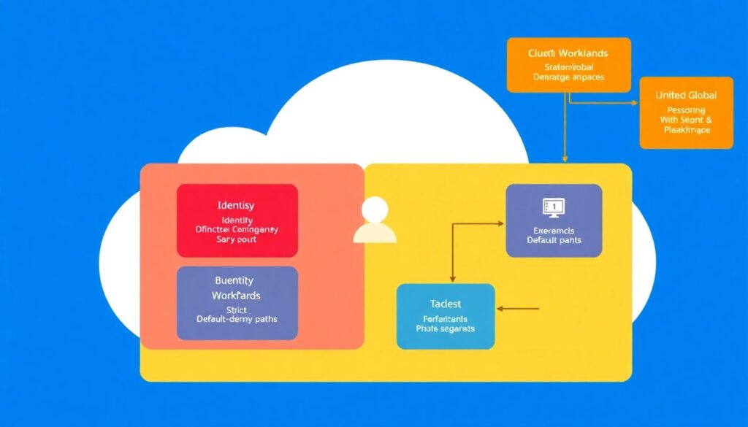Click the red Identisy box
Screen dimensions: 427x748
[x=237, y=220]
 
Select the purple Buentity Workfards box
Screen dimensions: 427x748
[x=237, y=303]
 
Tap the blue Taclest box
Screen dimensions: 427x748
[x=446, y=317]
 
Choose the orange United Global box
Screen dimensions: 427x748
[x=686, y=112]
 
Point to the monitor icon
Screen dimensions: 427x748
[x=554, y=207]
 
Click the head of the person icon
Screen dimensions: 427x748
[x=375, y=210]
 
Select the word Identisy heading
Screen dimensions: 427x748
[x=237, y=206]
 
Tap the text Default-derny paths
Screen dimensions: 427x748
[x=237, y=319]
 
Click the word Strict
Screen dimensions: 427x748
[x=237, y=309]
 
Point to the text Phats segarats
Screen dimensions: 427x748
[x=446, y=328]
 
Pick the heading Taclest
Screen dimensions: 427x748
[x=446, y=304]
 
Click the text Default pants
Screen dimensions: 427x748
[x=554, y=240]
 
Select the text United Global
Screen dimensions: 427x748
[x=686, y=96]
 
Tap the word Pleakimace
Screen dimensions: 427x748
[x=687, y=130]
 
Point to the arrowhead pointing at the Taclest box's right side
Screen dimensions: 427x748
[x=500, y=309]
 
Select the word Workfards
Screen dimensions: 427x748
[x=236, y=296]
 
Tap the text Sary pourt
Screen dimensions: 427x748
[x=237, y=239]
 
